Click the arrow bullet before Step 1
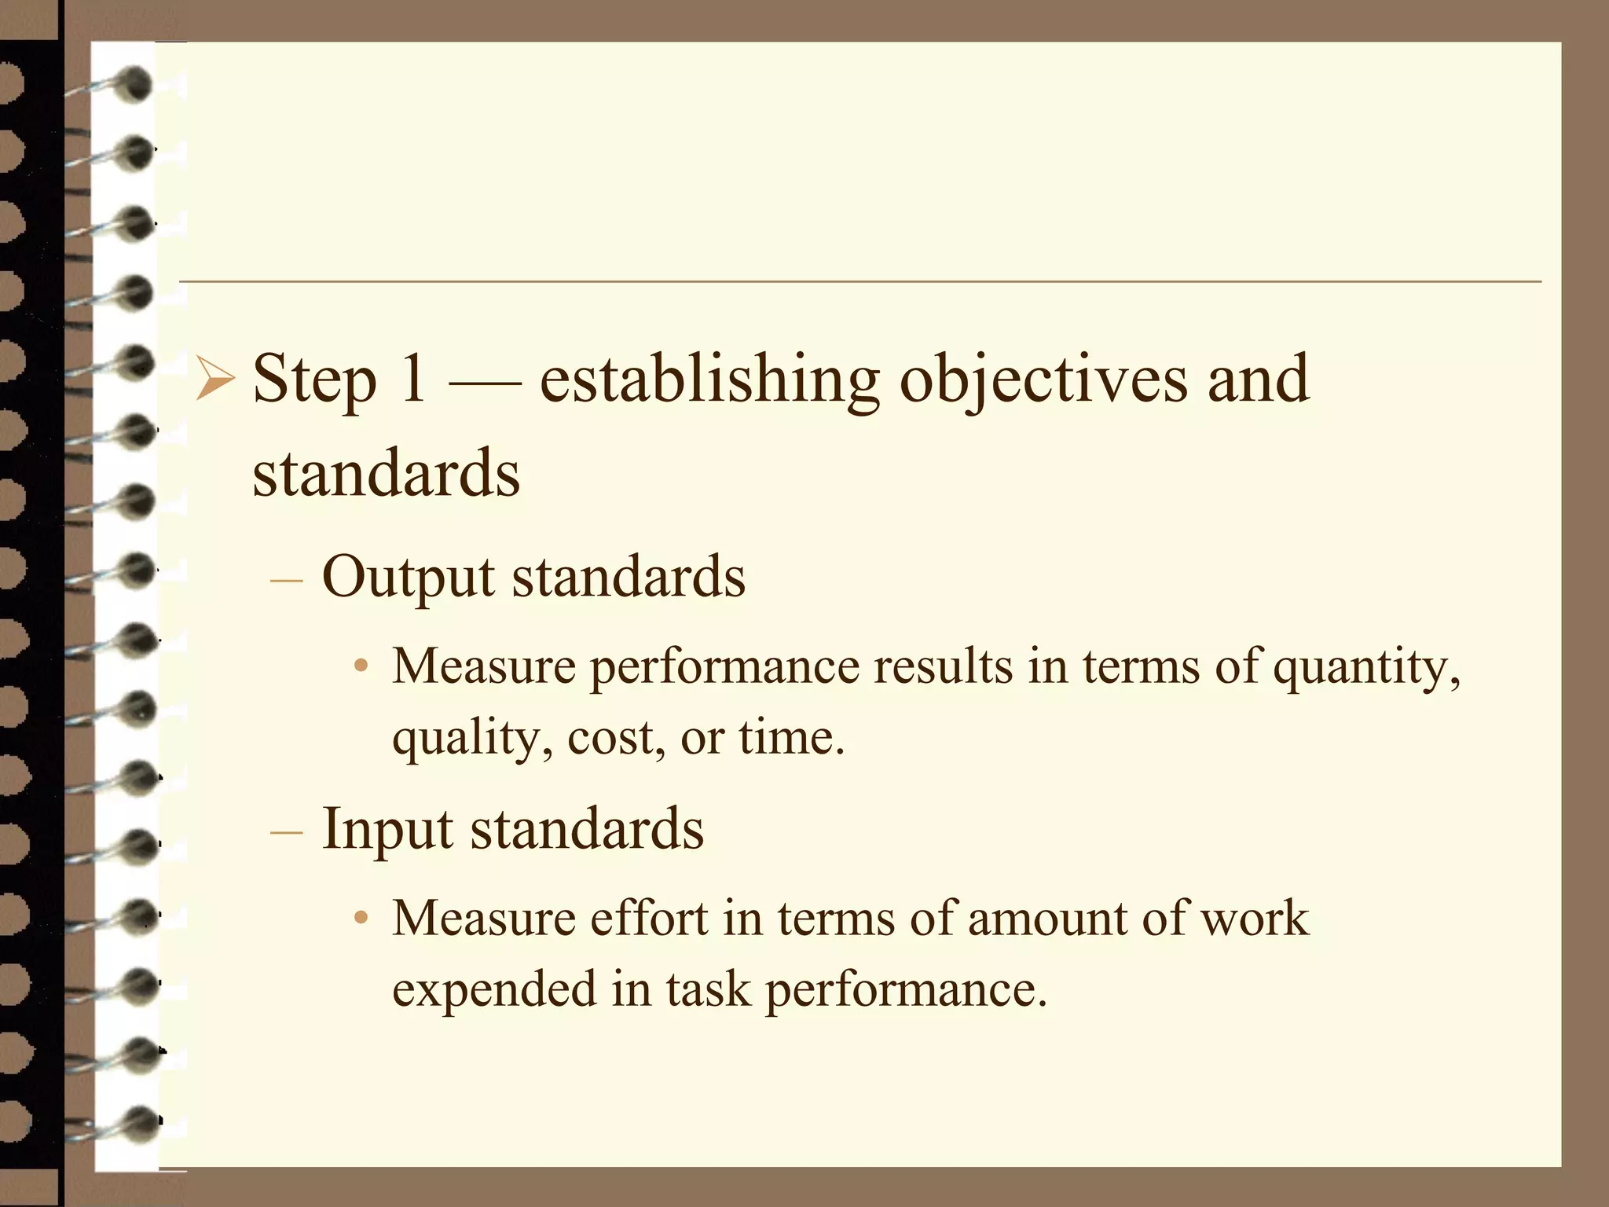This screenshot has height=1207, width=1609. pyautogui.click(x=214, y=379)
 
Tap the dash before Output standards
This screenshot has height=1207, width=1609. pyautogui.click(x=286, y=581)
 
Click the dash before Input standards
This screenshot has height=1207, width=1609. pyautogui.click(x=286, y=833)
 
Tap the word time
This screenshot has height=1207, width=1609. pyautogui.click(x=790, y=739)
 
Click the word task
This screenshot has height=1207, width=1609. pyautogui.click(x=708, y=989)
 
